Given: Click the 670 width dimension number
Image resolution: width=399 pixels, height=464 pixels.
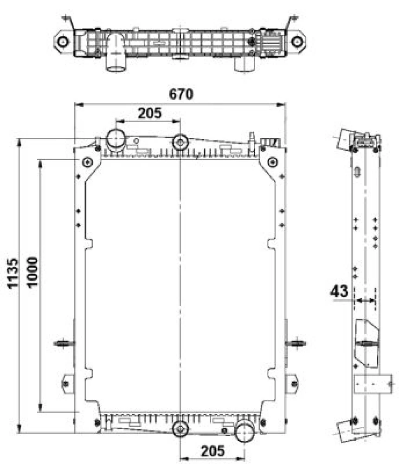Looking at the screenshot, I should [x=180, y=94].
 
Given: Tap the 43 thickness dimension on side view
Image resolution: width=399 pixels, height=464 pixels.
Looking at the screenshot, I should [x=339, y=291].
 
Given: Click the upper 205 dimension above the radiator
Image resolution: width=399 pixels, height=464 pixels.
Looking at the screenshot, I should [x=149, y=113].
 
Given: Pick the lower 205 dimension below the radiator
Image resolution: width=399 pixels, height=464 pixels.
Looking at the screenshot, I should [x=212, y=450].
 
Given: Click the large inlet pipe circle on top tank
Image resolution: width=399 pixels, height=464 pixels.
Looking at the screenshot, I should [x=116, y=138].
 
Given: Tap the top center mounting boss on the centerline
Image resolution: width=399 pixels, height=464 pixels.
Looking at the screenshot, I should [x=180, y=142].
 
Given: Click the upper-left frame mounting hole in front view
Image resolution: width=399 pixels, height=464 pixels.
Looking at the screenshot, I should [x=88, y=162].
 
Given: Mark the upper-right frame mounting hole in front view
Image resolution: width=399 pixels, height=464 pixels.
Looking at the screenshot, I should [x=273, y=162].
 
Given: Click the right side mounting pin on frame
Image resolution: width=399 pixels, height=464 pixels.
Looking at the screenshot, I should [x=296, y=343].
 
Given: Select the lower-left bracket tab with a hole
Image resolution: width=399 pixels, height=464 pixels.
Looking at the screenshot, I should [x=66, y=383].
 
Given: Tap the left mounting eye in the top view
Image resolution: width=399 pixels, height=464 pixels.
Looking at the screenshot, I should [x=63, y=41].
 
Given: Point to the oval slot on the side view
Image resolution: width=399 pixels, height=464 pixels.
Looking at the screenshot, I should [x=357, y=172].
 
